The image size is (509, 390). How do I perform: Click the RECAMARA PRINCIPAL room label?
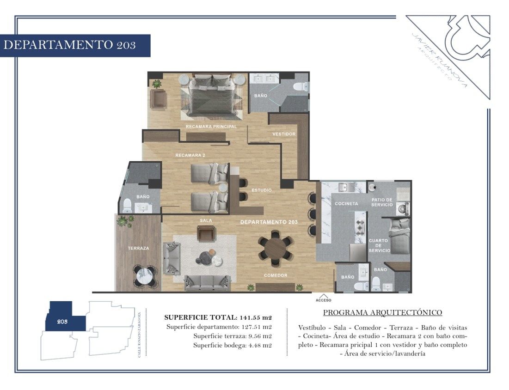click(211, 127)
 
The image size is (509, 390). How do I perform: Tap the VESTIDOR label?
click(284, 134)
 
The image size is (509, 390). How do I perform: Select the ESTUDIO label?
click(262, 190)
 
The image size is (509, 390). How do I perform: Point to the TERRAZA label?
click(138, 248)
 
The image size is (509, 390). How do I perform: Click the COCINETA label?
click(346, 204)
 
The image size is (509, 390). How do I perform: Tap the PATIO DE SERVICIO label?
click(382, 202)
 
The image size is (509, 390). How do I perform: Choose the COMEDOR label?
click(276, 275)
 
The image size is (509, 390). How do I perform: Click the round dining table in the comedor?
click(275, 248)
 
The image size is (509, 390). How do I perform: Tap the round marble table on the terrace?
click(145, 276)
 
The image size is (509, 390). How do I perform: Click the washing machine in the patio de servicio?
click(403, 208)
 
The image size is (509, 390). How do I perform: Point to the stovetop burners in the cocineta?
click(360, 227)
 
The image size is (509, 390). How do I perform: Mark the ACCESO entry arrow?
click(324, 296)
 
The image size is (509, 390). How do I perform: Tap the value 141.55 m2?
click(256, 317)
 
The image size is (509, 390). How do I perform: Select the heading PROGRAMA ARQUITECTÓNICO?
click(383, 312)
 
